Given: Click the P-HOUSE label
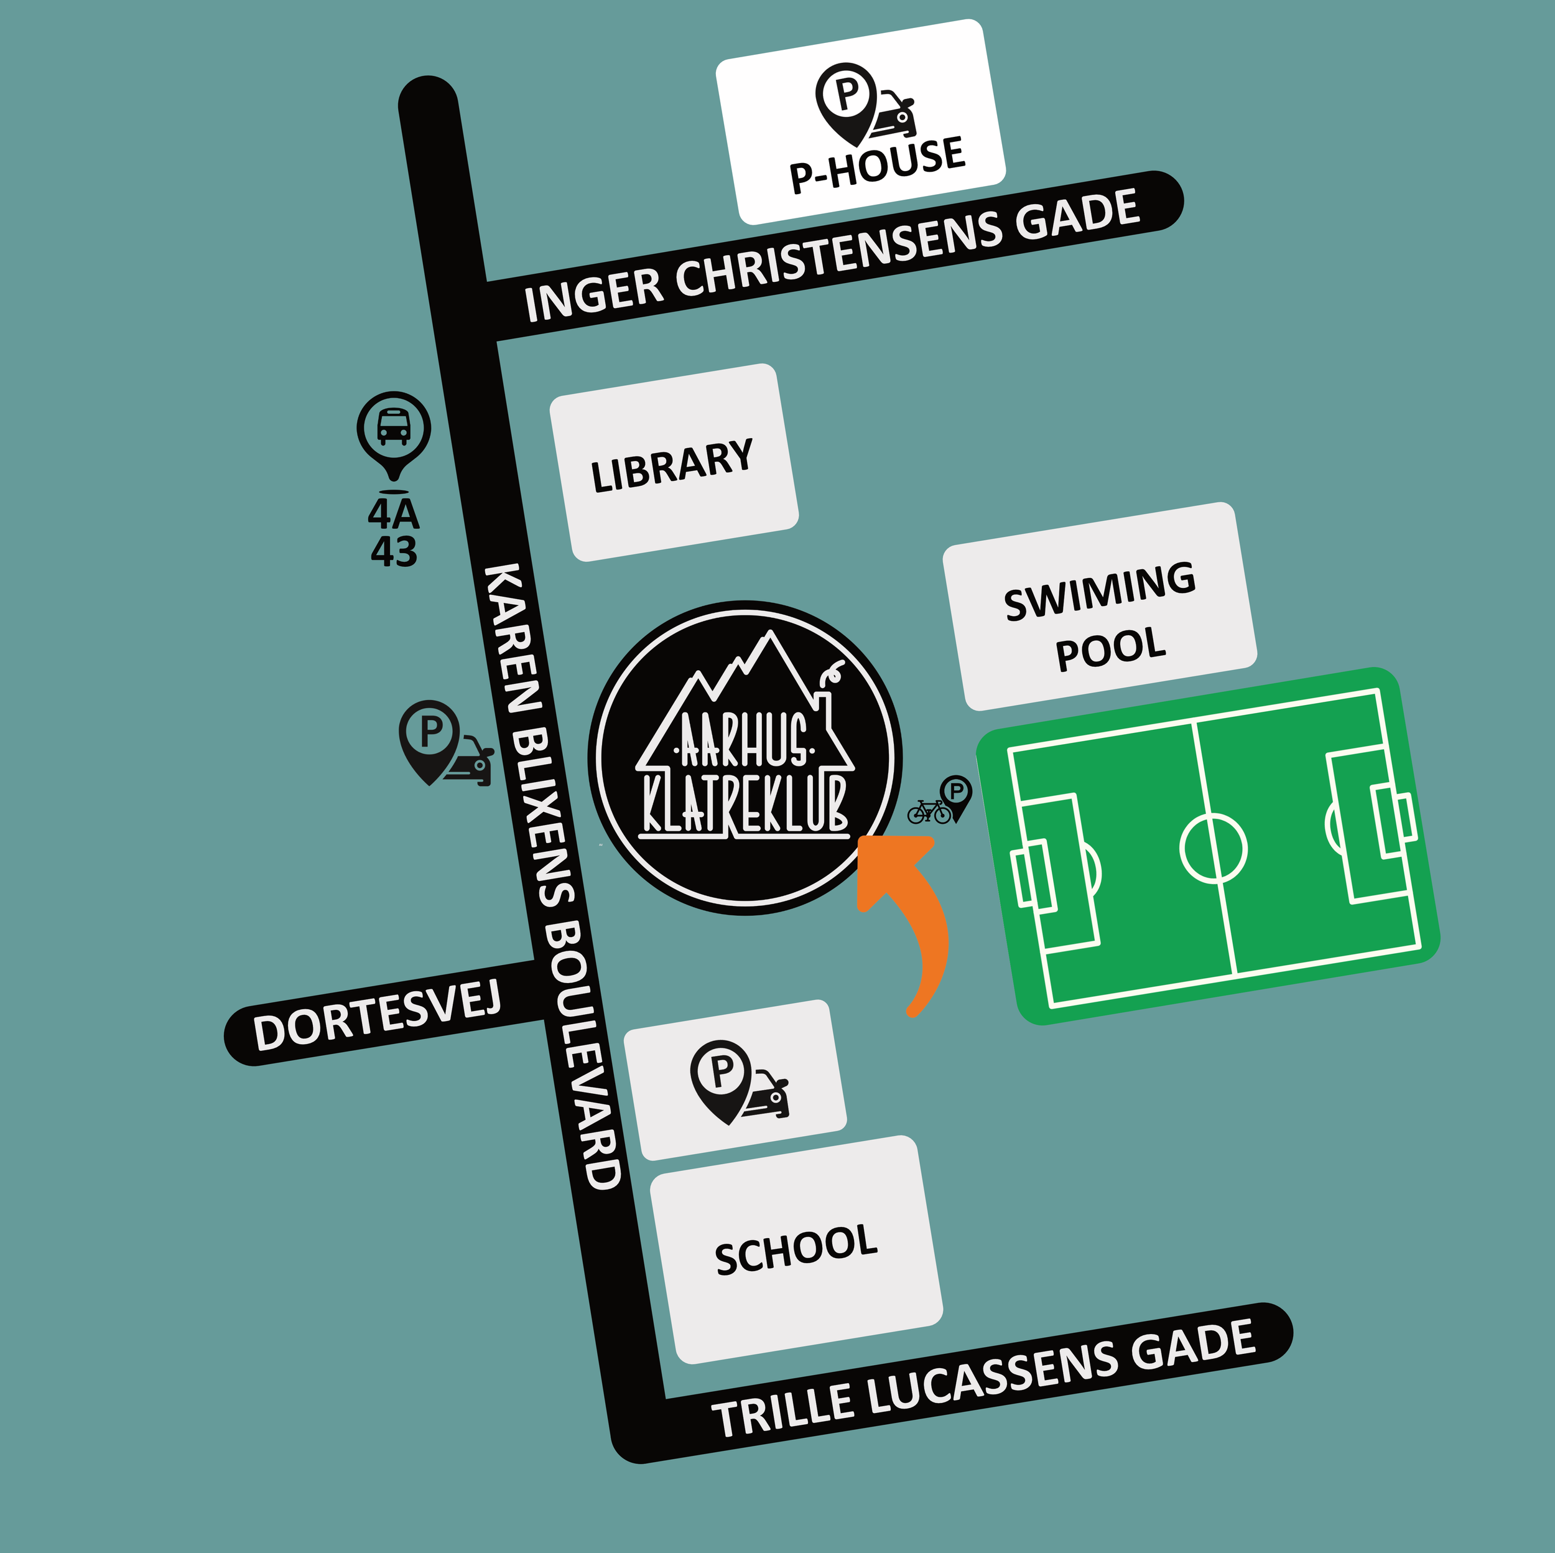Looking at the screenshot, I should (877, 164).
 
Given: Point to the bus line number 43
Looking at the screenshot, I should (394, 551).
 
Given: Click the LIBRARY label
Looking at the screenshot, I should (672, 465).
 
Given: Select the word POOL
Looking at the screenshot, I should (1111, 648).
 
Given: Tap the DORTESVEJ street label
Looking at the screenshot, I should (377, 1017).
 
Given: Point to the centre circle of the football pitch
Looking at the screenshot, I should (1213, 849).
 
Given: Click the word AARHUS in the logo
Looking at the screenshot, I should (744, 740).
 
